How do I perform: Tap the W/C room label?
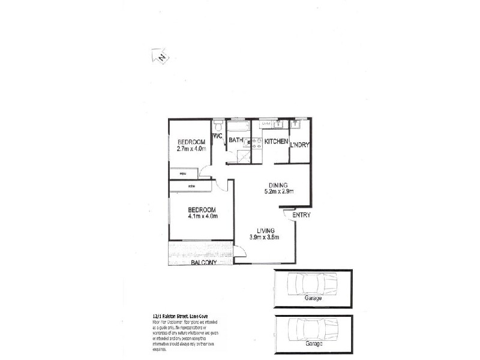click(217, 137)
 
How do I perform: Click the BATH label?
click(235, 140)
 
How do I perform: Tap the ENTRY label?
click(301, 215)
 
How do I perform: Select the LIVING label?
click(265, 230)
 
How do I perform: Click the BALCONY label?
click(204, 263)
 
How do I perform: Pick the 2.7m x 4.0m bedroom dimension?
click(191, 149)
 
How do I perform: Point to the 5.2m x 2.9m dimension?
click(278, 192)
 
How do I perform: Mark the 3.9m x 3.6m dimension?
click(265, 237)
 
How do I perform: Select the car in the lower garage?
click(313, 329)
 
